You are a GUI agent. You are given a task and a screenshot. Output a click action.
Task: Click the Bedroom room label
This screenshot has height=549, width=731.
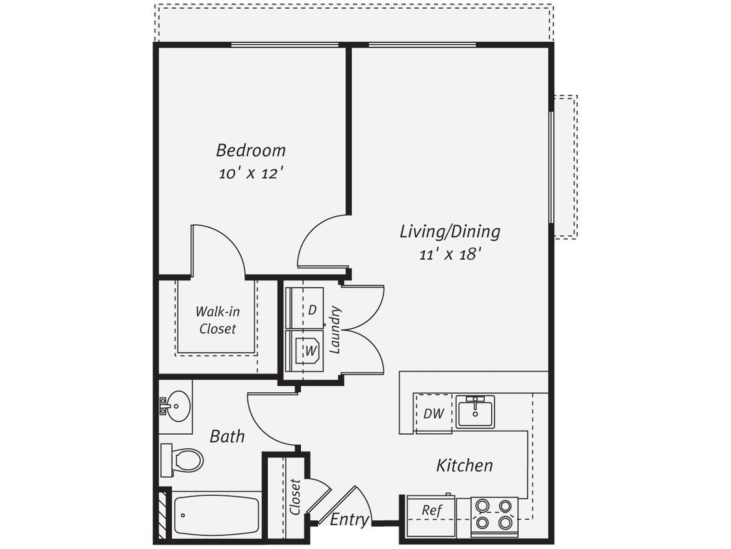coord(250,150)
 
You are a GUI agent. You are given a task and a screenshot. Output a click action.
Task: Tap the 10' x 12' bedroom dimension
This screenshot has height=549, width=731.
coord(250,174)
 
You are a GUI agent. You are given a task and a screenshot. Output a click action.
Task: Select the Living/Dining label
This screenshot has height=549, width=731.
coord(450,231)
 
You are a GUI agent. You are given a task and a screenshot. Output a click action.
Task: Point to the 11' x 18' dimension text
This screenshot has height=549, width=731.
coord(450,254)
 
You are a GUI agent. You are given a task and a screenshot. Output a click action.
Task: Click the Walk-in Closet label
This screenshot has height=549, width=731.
coord(217,320)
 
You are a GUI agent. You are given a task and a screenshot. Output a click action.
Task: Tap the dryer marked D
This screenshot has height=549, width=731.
coord(305,310)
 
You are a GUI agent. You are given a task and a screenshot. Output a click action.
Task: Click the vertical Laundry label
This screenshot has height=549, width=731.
coord(335,330)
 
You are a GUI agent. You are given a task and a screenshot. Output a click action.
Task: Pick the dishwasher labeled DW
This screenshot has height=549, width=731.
coord(433,414)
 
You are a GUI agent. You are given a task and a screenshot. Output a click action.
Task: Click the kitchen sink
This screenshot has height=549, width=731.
coord(475,412)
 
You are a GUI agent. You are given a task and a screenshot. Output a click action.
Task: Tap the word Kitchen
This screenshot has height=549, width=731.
coord(464,465)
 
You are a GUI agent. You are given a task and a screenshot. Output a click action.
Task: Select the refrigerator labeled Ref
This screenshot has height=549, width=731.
coord(431,511)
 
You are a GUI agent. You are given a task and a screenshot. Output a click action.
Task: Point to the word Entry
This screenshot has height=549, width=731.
coord(350,520)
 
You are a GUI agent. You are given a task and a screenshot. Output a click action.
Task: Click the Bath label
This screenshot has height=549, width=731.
coord(227,436)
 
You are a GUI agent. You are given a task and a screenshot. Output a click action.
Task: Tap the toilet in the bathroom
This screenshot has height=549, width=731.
coord(183,460)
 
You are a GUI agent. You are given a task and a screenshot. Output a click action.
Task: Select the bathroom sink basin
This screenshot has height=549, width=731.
coord(176,407)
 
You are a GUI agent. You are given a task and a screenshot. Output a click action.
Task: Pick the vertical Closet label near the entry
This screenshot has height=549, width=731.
coord(296,497)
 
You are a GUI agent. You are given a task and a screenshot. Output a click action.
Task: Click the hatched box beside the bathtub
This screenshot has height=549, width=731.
coord(164,515)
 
